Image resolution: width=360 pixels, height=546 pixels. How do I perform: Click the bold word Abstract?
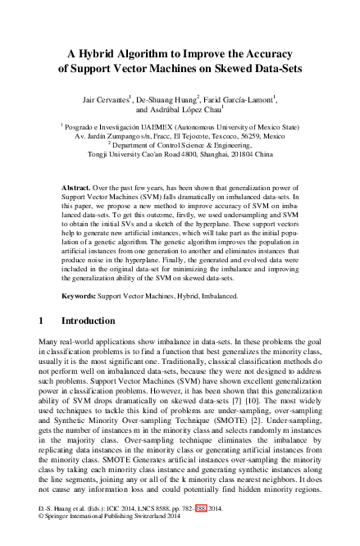pyautogui.click(x=77, y=188)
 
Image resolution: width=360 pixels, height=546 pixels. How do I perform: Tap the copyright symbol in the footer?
pyautogui.click(x=41, y=539)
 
